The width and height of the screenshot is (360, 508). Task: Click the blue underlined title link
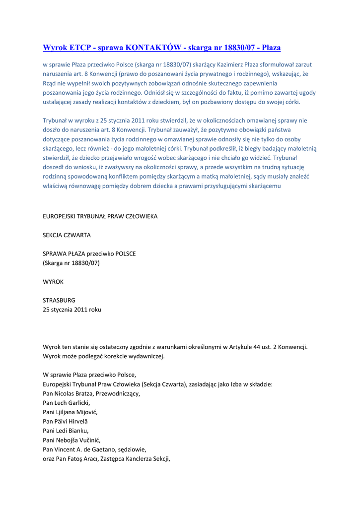point(162,48)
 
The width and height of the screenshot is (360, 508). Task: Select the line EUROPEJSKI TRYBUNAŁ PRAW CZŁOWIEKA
point(100,216)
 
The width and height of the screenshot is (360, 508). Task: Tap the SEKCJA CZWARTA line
point(67,235)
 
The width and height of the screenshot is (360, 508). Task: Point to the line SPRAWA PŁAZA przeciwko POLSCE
point(89,254)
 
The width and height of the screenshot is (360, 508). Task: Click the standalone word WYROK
point(53,281)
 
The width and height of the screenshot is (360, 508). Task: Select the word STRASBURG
point(59,300)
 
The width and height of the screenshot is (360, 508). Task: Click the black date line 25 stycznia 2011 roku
point(72,309)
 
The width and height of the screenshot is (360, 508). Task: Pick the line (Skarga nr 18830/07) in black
point(71,263)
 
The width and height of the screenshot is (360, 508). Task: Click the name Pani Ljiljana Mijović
point(70,412)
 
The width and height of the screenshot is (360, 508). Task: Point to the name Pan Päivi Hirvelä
point(66,421)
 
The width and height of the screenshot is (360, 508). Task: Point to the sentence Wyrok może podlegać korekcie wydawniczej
point(103,356)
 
